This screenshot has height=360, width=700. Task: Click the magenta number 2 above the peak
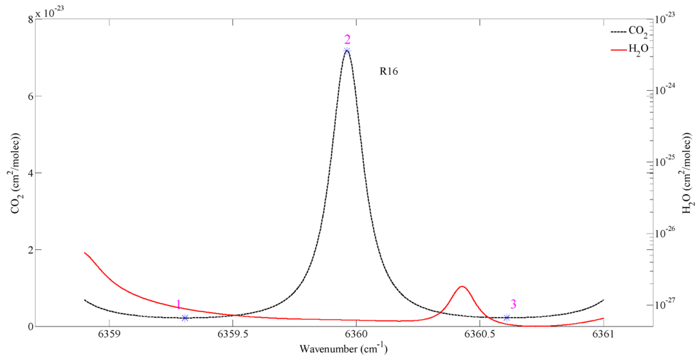click(347, 39)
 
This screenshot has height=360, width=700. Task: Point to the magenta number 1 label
click(178, 305)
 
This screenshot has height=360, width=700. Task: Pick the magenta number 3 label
click(513, 305)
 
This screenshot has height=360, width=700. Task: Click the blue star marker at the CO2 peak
click(347, 51)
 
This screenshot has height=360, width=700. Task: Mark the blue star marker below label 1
click(185, 318)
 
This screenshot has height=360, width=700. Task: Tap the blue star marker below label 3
click(507, 317)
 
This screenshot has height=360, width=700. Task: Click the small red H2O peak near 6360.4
click(462, 287)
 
